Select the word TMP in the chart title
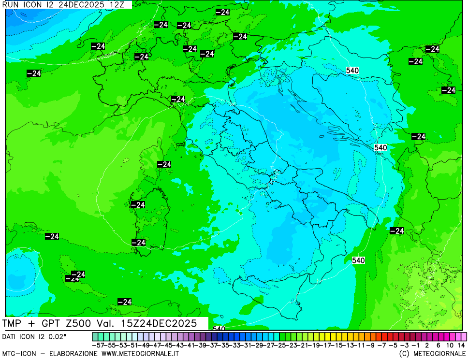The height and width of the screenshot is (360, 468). point(14,323)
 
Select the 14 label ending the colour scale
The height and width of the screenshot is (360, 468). point(461,346)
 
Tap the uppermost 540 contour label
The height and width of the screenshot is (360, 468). point(352,71)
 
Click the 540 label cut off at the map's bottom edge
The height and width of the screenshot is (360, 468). point(219,329)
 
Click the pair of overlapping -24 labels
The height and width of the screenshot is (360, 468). point(75,276)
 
